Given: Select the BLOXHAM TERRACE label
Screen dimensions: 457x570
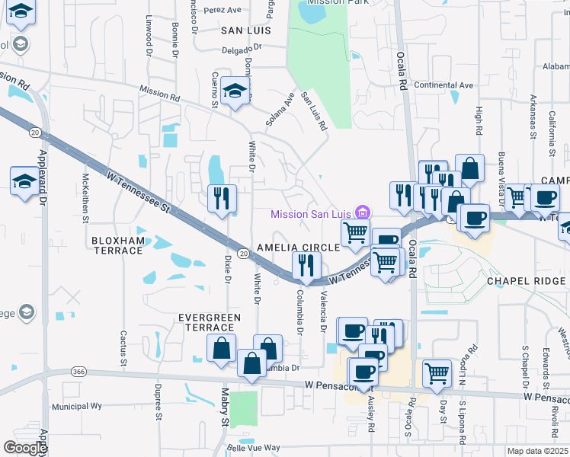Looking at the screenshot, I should (x=117, y=245).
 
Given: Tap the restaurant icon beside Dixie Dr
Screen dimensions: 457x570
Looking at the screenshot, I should (x=223, y=198).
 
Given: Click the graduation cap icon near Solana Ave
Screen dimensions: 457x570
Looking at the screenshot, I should (x=236, y=91).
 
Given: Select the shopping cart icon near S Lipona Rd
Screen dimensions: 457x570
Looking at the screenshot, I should (x=436, y=372).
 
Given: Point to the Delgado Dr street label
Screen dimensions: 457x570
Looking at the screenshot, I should (x=242, y=46).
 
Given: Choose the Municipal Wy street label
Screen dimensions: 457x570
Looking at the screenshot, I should (x=76, y=407).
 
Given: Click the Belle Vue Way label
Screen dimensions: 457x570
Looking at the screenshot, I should (x=258, y=448).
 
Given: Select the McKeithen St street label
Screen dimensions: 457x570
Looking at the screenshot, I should (x=85, y=197).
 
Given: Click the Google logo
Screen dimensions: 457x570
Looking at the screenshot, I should (x=25, y=449).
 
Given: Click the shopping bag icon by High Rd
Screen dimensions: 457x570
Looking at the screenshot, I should (x=470, y=168).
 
